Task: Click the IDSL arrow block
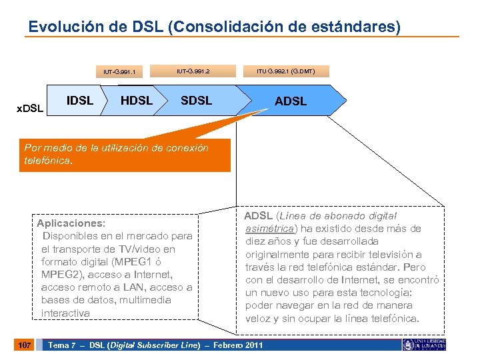point(80,101)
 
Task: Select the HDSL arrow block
point(136,101)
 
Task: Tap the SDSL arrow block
point(197,101)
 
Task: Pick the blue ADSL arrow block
point(291,101)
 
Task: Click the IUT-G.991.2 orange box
point(193,69)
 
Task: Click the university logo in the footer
point(424,344)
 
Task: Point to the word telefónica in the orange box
point(46,161)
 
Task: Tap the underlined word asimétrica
point(270,229)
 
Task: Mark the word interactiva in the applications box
point(65,313)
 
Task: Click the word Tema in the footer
point(59,345)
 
